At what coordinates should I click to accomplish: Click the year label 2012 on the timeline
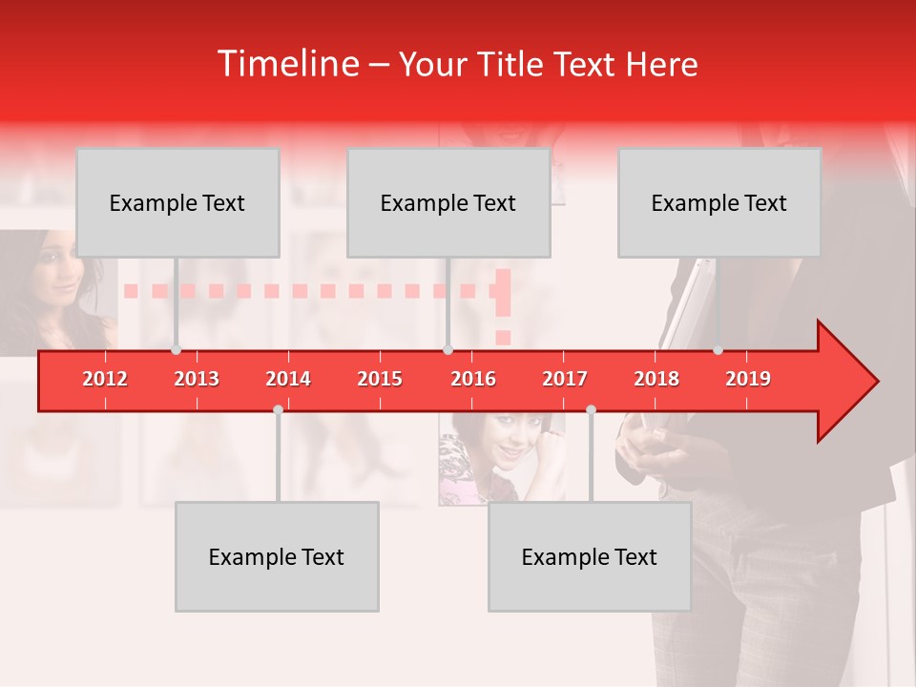(x=105, y=380)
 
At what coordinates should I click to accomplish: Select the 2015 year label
(x=380, y=380)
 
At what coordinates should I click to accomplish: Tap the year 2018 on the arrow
(x=656, y=380)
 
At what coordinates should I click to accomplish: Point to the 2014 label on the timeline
(x=288, y=380)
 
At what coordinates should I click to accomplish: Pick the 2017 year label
(x=565, y=380)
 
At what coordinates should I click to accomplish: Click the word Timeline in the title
(x=287, y=64)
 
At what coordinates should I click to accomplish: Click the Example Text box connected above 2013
(x=177, y=202)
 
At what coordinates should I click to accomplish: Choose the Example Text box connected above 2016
(x=448, y=202)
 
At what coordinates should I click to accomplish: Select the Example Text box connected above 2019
(x=719, y=202)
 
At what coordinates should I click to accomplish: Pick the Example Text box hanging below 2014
(x=277, y=556)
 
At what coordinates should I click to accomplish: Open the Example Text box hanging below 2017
(x=590, y=556)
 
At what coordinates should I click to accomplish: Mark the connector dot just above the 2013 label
(x=177, y=350)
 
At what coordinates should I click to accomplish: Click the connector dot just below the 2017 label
(x=591, y=410)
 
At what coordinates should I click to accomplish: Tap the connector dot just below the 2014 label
(x=278, y=410)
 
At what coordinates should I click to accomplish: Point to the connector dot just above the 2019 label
(x=718, y=350)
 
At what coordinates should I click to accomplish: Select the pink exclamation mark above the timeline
(x=503, y=305)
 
